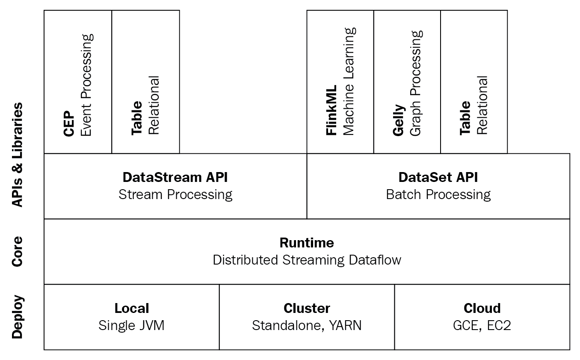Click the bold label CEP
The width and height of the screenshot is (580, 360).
[69, 124]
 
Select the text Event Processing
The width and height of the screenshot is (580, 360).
[87, 85]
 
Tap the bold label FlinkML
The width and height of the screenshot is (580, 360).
[331, 110]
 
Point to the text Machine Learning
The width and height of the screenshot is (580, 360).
[349, 81]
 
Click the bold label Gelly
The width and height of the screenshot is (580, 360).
[399, 120]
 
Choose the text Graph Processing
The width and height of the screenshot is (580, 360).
[416, 83]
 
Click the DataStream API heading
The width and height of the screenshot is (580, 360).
[175, 177]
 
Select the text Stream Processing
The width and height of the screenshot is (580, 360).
[175, 195]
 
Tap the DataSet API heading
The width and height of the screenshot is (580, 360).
[438, 177]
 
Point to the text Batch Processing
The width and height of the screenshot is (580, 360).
[438, 195]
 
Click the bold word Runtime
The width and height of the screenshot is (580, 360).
[307, 243]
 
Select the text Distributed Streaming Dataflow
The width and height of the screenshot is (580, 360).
[307, 260]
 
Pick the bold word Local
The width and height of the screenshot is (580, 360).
[132, 308]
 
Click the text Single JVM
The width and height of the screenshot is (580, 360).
[131, 325]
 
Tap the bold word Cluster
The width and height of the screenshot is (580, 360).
[307, 308]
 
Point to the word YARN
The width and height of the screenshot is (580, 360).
[345, 325]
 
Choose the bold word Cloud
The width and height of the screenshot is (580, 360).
[482, 308]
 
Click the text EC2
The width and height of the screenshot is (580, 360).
[499, 325]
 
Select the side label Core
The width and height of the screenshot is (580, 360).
[18, 251]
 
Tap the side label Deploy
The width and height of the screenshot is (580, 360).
[18, 317]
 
